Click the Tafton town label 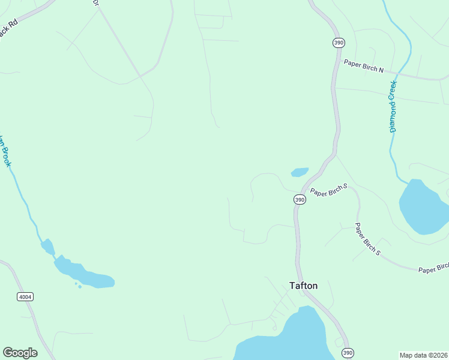coord(303,286)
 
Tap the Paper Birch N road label coord(363,65)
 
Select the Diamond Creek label coord(394,106)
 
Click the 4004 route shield coord(25,296)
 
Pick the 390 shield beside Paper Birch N coord(339,42)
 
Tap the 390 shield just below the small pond coord(300,199)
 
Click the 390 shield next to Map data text coord(346,352)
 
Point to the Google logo coord(20,353)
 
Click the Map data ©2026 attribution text coord(423,355)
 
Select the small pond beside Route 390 coord(300,172)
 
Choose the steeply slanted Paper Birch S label coord(367,239)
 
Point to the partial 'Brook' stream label coord(5,151)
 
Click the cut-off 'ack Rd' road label coord(8,29)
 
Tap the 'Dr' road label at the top coord(95,3)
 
